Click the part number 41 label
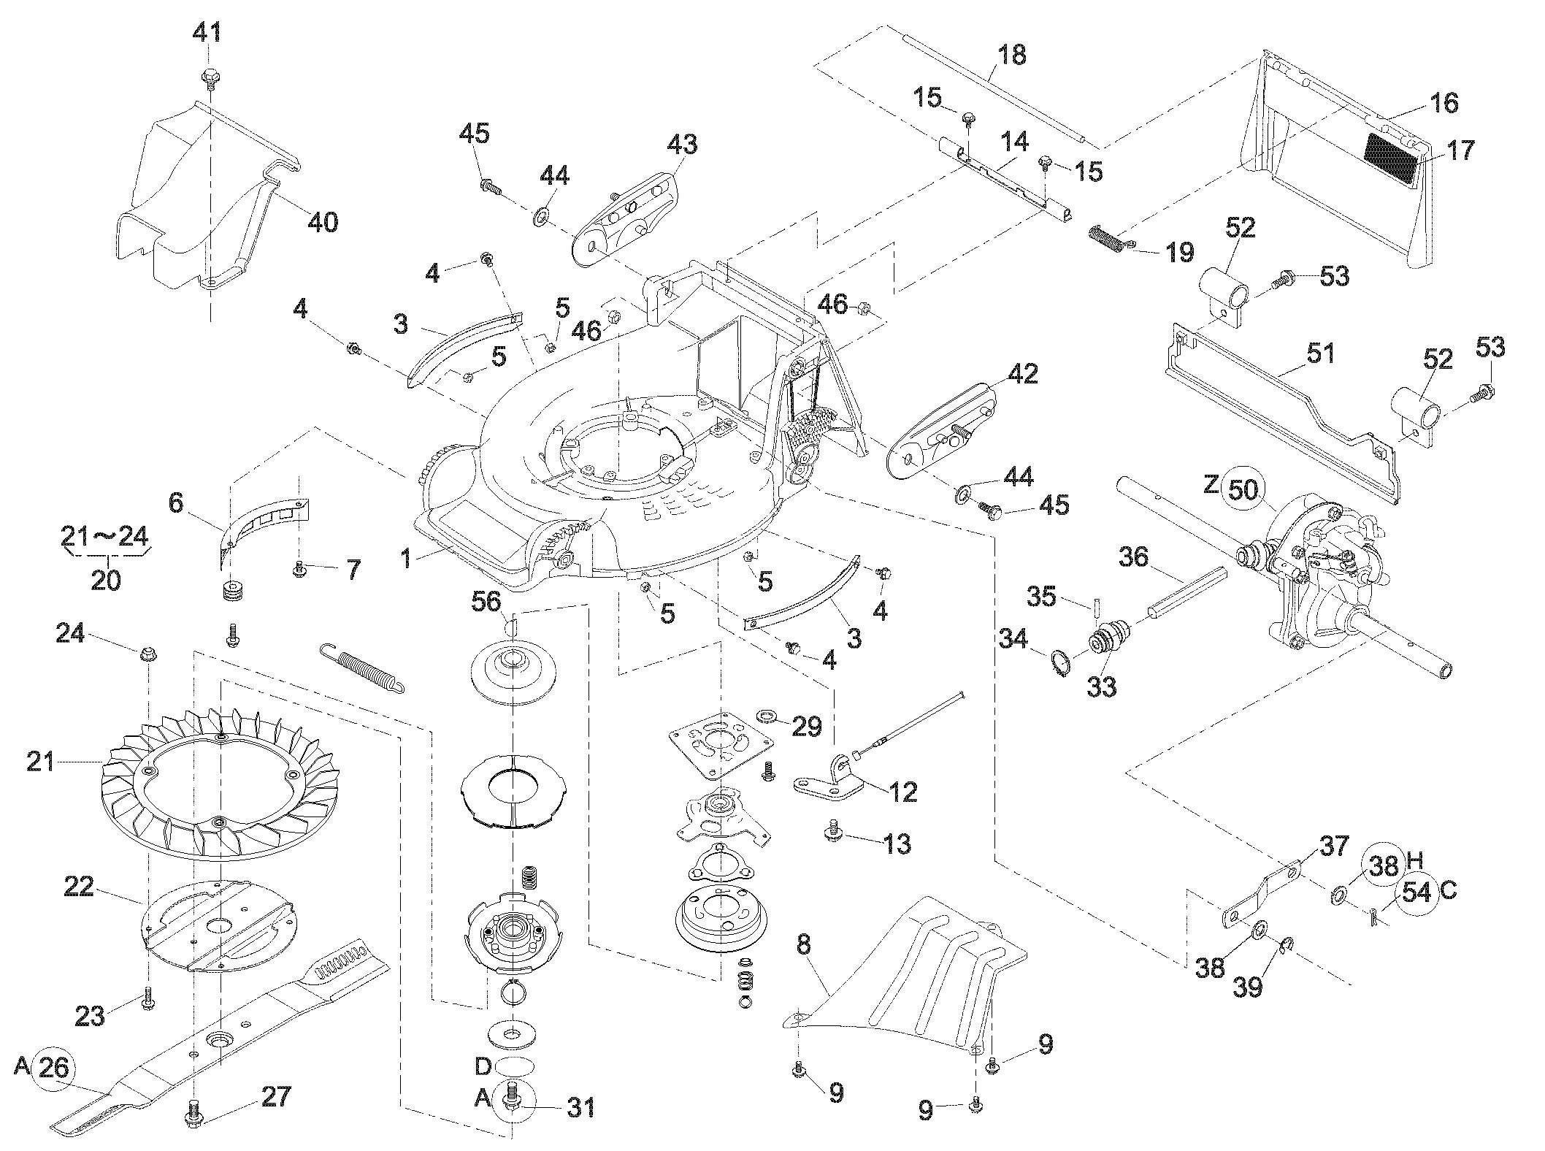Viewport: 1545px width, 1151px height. point(208,32)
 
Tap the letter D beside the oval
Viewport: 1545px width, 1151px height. point(484,1066)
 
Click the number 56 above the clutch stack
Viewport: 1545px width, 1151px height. point(486,602)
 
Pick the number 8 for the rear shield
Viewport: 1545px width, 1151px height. point(803,945)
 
